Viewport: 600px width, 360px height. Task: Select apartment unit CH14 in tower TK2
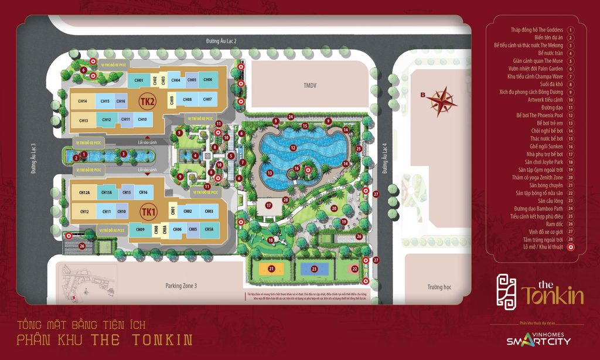pos(82,101)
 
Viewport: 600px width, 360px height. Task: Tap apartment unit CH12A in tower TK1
pos(84,192)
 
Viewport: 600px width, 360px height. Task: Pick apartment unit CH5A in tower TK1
pos(209,229)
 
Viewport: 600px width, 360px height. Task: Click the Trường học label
pos(442,287)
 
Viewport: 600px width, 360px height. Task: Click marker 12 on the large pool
pos(292,148)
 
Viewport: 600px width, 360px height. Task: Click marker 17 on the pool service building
pos(268,206)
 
